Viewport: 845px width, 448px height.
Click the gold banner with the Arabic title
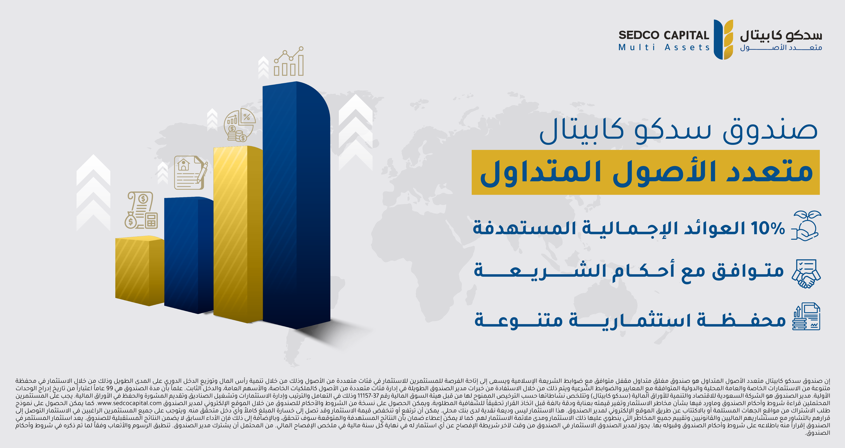coord(646,172)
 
